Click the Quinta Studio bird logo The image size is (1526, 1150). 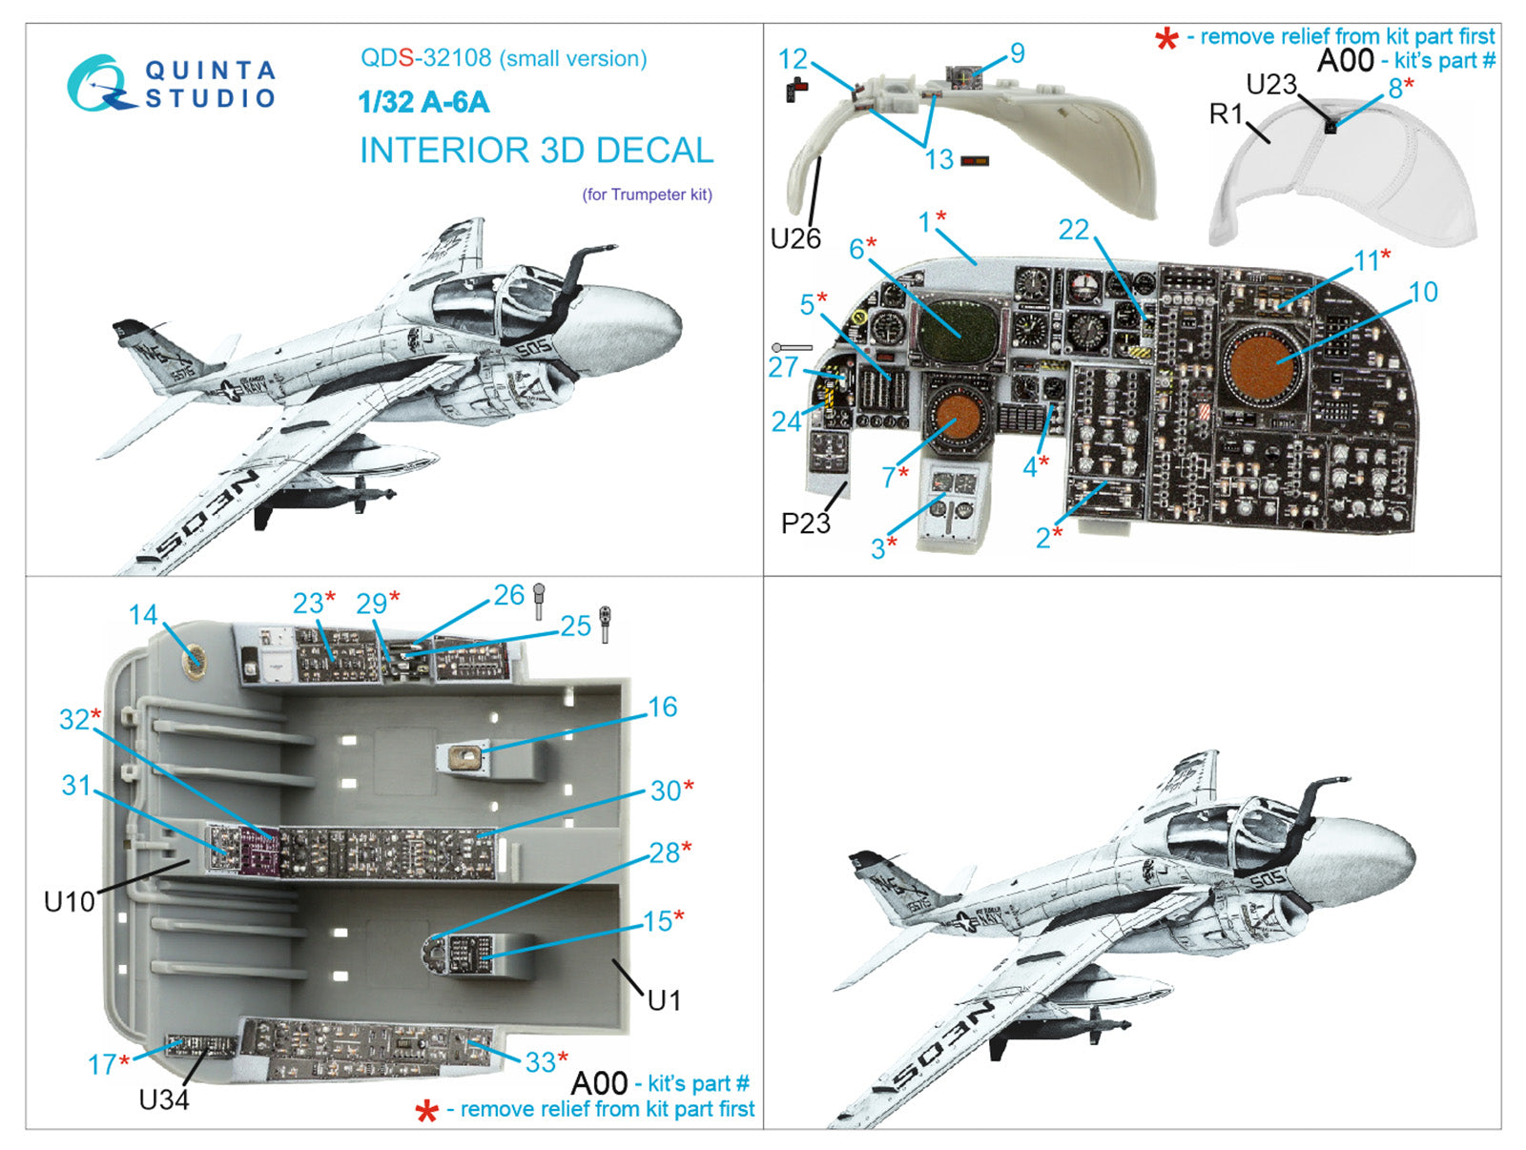click(98, 84)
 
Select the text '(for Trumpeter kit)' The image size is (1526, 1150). click(647, 195)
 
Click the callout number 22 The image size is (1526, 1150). click(1073, 230)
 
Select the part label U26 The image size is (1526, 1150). click(795, 238)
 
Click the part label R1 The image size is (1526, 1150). click(1227, 114)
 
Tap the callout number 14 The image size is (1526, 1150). click(143, 615)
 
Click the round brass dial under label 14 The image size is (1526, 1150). click(195, 657)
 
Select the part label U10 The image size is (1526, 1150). click(69, 900)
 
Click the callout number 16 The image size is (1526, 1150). click(662, 707)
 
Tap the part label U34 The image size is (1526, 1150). click(164, 1099)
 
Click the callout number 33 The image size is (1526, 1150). click(540, 1061)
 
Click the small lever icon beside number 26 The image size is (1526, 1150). click(539, 599)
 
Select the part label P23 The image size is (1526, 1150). click(805, 523)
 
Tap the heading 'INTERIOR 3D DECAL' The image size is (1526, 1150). click(536, 151)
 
